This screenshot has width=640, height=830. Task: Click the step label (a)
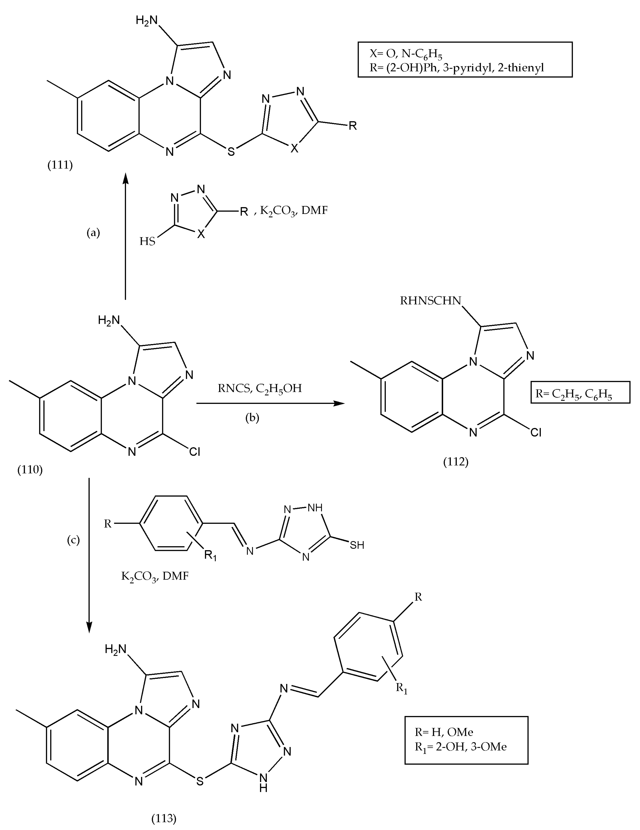pyautogui.click(x=93, y=233)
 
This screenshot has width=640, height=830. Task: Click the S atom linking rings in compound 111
pyautogui.click(x=231, y=151)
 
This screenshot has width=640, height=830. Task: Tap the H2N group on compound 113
pyautogui.click(x=115, y=650)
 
